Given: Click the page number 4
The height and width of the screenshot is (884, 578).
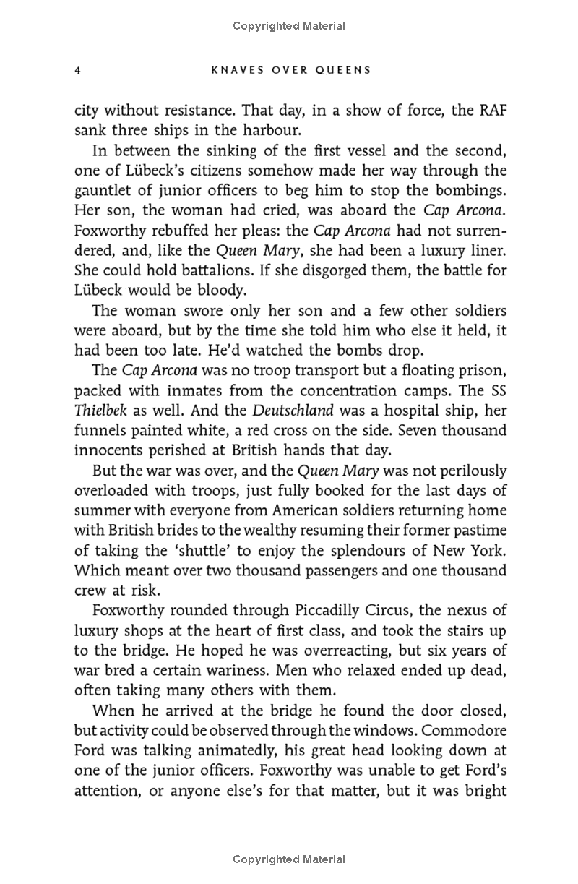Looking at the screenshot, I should point(77,70).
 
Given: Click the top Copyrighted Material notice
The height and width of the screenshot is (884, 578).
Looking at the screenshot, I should point(289,26).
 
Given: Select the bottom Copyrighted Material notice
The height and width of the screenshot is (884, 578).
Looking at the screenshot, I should point(289,859).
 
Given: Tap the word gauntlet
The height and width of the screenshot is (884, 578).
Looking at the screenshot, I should point(101,191).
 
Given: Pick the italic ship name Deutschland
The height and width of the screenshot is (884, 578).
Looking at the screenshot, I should point(293,410).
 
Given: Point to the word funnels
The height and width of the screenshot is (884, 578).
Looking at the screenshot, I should point(100,430).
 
